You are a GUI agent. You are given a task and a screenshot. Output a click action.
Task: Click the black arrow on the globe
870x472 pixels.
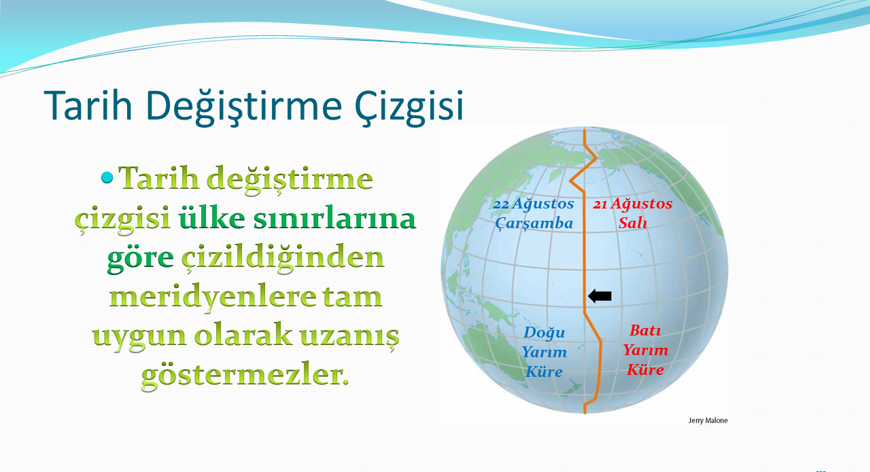[x=599, y=296]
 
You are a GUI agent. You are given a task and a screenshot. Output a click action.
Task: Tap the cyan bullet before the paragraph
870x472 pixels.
[x=107, y=178]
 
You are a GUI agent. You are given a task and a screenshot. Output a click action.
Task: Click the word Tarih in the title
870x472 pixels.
[x=88, y=105]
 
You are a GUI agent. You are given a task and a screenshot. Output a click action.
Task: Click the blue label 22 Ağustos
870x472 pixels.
[x=534, y=203]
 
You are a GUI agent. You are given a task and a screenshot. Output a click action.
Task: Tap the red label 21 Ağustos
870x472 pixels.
[x=633, y=203]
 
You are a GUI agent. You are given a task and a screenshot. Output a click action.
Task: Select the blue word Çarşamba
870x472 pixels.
[x=534, y=223]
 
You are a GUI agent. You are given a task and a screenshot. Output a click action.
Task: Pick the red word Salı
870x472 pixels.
[x=633, y=223]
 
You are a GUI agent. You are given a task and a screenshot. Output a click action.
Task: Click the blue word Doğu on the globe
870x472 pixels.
[x=544, y=333]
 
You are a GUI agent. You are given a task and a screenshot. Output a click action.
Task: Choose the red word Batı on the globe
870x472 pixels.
[x=645, y=330]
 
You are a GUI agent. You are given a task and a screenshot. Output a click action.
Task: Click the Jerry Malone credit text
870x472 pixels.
[x=708, y=420]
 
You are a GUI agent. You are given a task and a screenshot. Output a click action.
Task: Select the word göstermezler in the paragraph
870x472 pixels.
[x=245, y=376]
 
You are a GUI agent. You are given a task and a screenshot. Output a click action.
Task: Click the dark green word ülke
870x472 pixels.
[x=211, y=217]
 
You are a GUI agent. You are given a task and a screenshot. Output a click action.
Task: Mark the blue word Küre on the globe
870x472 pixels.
[x=544, y=371]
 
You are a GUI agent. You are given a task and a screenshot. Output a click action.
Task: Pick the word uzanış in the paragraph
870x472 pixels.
[x=349, y=336]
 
